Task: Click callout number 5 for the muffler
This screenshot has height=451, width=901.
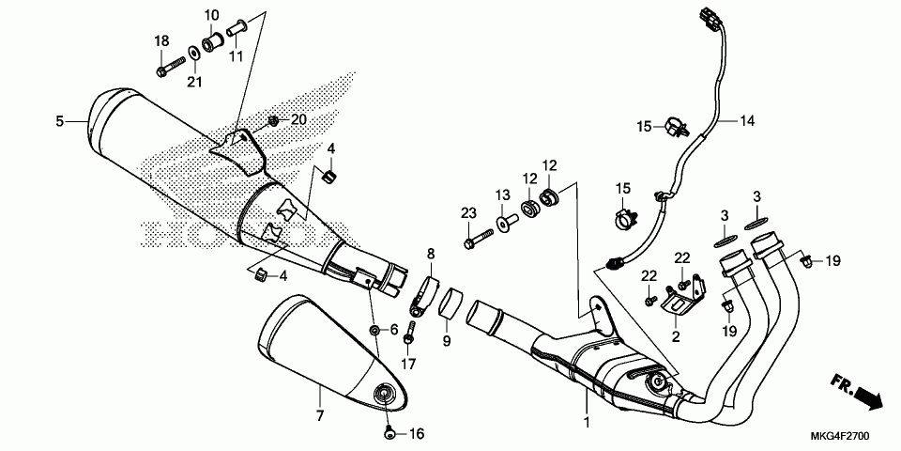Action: click(59, 120)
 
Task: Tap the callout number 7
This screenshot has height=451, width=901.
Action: click(319, 415)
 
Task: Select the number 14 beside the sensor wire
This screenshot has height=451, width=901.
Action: click(746, 120)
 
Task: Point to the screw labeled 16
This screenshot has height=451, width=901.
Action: click(391, 433)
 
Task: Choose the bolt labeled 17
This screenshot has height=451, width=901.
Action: click(409, 333)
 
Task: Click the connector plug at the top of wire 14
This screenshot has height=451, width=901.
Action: click(707, 16)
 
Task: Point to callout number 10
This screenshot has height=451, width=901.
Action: click(211, 15)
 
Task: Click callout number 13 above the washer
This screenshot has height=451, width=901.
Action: click(502, 194)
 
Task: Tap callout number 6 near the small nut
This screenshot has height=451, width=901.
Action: click(395, 329)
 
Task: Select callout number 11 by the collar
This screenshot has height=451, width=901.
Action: click(235, 56)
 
